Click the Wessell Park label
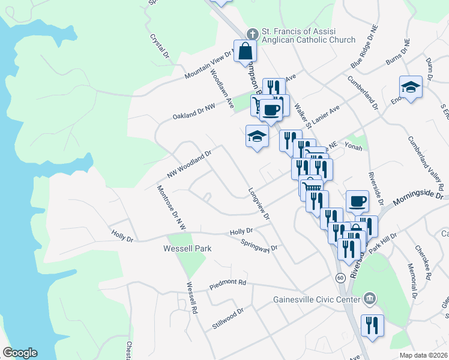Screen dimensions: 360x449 pos(188,248)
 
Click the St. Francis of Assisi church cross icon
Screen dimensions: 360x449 pos(253,34)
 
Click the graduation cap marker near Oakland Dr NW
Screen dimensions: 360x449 pos(256,136)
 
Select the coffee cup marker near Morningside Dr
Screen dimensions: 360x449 pos(358,201)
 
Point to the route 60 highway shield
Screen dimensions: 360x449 pos(340,277)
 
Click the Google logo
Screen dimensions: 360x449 pos(20,353)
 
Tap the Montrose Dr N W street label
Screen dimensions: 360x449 pos(172,208)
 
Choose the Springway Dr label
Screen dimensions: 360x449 pos(259,245)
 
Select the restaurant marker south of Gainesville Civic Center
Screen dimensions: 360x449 pos(372,326)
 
